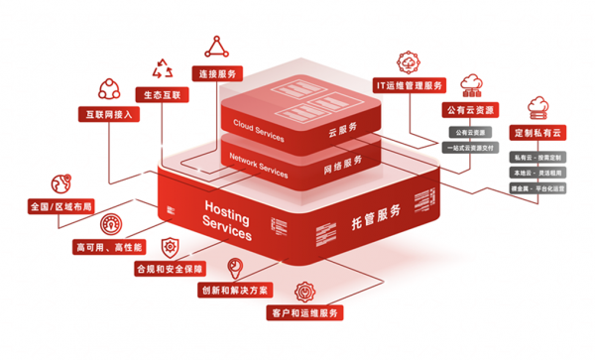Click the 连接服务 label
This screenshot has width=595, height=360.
[x=219, y=74]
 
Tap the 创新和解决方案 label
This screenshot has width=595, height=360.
[x=233, y=292]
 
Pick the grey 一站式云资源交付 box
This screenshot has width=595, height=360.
[x=470, y=147]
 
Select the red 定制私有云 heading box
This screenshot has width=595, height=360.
[x=539, y=133]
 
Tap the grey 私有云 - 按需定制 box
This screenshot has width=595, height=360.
[x=538, y=157]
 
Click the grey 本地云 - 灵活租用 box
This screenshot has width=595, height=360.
[x=538, y=172]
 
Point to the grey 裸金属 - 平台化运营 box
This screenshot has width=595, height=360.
[x=538, y=186]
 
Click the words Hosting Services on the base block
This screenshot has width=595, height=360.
[x=227, y=220]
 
